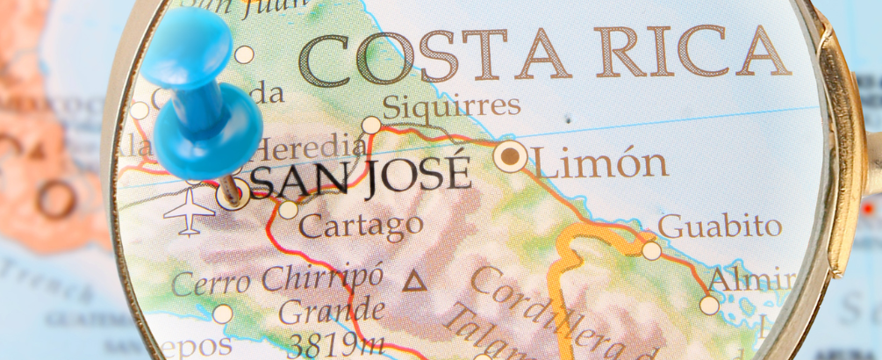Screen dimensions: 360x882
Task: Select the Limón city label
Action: coord(600,163)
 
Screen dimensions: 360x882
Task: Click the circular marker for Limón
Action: coord(510,157)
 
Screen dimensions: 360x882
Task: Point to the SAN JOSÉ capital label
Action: coord(361,176)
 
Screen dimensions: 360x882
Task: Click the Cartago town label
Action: coord(361,225)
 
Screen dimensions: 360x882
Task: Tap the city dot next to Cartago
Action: coord(288,210)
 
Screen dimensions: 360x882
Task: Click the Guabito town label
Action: coord(720,226)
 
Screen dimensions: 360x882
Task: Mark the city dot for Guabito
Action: coord(651,250)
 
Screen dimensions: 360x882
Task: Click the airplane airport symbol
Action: coord(189,210)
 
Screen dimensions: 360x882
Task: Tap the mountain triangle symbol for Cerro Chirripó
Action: coord(412,282)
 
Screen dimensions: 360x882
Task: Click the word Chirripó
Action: coord(322,278)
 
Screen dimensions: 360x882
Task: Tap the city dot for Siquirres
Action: coord(371,126)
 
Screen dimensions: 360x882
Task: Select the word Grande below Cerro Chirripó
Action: coord(331,311)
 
